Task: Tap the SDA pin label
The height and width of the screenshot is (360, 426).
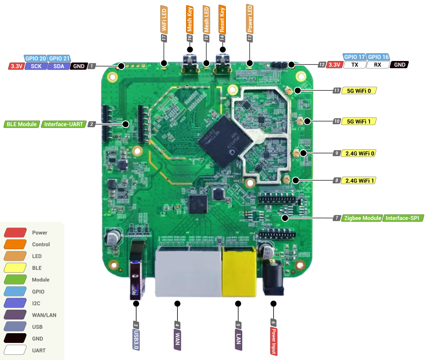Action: tap(58, 66)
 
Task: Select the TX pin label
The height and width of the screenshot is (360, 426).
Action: tap(354, 65)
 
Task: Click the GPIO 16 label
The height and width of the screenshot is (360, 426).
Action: tap(378, 57)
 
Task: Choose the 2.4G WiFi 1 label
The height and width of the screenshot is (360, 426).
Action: tap(359, 180)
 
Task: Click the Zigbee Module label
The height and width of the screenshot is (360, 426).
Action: tap(362, 218)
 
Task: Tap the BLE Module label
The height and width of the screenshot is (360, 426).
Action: tap(22, 124)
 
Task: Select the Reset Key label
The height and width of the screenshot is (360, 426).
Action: tap(222, 19)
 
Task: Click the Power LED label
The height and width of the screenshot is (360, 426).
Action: tap(250, 18)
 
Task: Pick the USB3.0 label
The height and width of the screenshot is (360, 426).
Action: tap(136, 340)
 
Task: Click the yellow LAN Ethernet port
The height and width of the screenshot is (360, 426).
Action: tap(238, 271)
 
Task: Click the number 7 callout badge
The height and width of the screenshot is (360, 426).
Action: tap(337, 218)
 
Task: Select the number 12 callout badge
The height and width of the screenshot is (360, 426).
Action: tap(322, 65)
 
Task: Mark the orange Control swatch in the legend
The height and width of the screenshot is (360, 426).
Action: tap(15, 244)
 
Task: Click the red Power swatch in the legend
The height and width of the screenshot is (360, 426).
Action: tap(15, 232)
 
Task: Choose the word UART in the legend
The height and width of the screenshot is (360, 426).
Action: tap(39, 350)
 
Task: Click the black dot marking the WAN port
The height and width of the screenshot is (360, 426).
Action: tap(177, 303)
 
